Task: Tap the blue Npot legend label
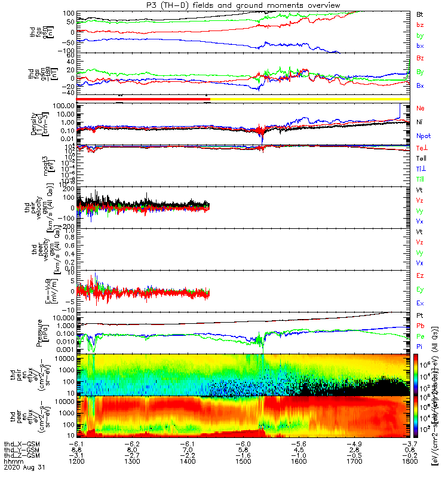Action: (x=423, y=136)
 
